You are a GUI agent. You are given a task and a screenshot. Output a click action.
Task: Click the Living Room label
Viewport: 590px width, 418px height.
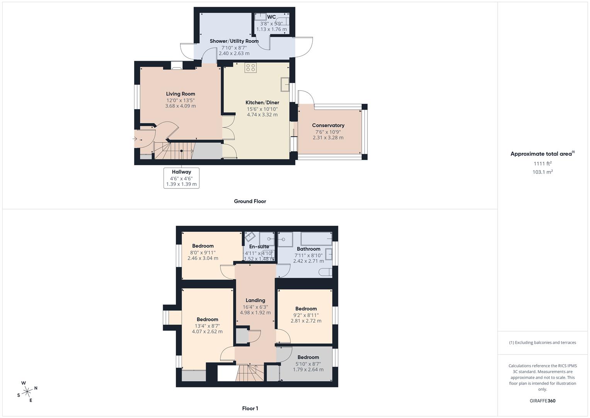pos(180,94)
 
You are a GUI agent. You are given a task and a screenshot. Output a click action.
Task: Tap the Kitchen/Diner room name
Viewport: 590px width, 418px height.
pos(262,103)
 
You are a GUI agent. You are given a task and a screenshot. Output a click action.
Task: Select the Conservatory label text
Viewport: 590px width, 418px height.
pos(328,125)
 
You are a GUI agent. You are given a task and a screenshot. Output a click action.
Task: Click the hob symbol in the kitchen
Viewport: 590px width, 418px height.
pos(250,68)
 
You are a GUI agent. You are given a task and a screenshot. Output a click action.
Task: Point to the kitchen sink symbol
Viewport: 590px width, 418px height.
pos(285,84)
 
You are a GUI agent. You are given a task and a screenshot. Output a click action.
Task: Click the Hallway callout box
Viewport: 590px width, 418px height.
pos(181,178)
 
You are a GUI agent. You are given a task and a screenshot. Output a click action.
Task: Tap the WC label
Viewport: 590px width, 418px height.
pos(271,17)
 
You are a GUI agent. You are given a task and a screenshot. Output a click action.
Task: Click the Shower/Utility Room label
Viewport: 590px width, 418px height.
pos(234,41)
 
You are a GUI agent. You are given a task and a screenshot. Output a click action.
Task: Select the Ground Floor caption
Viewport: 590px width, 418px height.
pos(250,201)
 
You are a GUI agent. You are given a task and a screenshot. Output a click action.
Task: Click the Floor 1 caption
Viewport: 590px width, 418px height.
pos(250,408)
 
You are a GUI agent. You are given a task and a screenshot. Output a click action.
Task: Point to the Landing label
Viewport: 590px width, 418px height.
pos(255,300)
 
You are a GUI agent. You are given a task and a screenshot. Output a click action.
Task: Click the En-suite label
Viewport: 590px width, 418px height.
pos(259,247)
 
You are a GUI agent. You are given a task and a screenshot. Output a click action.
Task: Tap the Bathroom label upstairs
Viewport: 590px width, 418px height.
pos(308,249)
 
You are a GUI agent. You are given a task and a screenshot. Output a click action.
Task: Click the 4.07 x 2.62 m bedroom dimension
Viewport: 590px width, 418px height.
pos(207,332)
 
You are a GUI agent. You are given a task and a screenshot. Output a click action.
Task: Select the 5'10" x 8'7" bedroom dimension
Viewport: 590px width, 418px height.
pos(308,363)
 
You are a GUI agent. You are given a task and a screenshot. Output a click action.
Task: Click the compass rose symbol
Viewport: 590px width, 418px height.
pos(27,391)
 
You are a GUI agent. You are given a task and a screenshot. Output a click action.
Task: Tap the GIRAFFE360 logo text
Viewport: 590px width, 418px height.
pos(542,401)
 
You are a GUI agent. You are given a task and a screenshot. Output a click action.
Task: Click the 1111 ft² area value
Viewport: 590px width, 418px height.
pos(542,164)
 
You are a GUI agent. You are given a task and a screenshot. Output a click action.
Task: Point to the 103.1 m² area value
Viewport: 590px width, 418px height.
pos(542,172)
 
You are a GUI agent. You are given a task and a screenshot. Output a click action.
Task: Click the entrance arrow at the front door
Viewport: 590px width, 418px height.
pos(135,139)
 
